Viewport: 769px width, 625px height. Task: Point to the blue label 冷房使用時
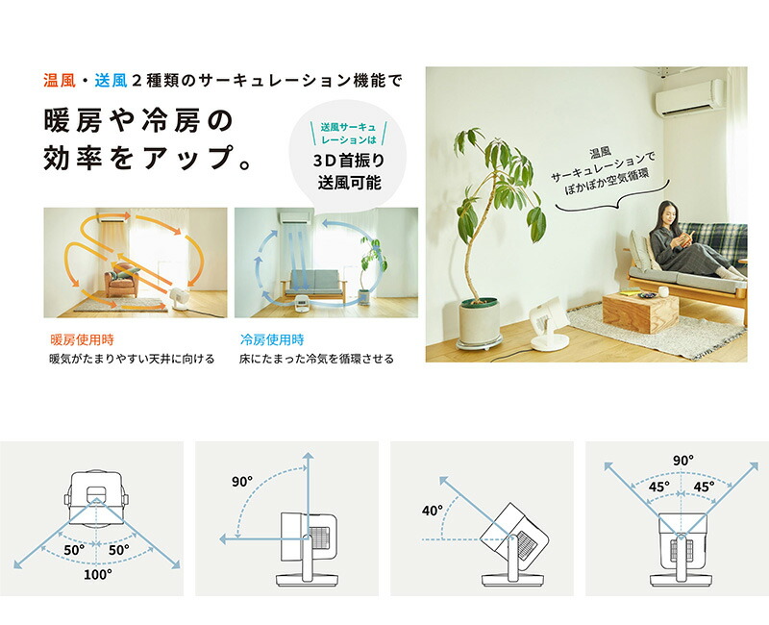(x=272, y=339)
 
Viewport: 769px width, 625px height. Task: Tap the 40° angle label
(x=432, y=511)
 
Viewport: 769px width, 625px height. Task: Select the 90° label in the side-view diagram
(x=241, y=481)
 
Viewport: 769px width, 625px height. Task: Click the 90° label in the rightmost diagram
(x=682, y=461)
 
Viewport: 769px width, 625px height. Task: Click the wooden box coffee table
(x=640, y=311)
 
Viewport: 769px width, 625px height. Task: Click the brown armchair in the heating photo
(x=123, y=282)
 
